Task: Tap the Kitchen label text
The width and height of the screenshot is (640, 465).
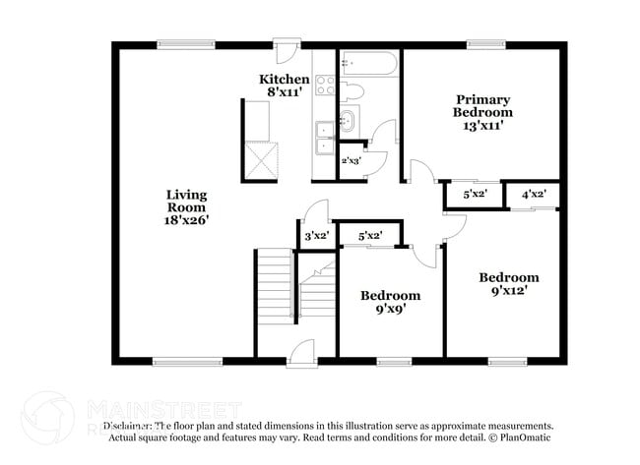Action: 285,79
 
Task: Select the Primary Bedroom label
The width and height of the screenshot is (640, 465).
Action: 482,105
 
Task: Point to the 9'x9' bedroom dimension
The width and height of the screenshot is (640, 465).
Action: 390,310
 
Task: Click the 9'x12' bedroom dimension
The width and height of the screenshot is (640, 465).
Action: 509,291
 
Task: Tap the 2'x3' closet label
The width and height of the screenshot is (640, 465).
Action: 351,159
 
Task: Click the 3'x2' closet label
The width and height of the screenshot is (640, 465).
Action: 315,236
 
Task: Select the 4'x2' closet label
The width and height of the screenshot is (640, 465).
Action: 534,195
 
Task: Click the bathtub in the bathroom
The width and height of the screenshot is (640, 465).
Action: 369,65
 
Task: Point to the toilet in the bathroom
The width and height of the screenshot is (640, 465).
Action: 352,91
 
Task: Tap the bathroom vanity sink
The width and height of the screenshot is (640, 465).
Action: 348,122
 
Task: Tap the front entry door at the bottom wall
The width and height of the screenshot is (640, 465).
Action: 301,353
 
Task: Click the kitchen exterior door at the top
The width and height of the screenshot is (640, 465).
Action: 286,49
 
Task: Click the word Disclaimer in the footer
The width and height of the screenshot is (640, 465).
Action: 127,426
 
